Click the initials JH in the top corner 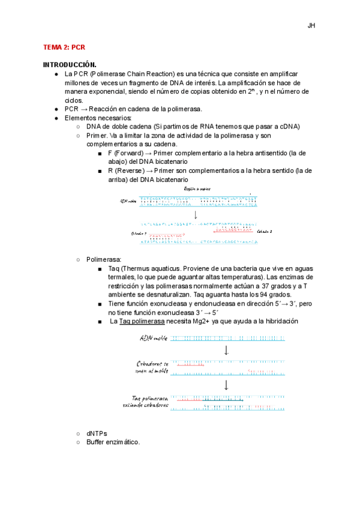point(311,26)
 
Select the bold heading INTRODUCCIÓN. point(70,64)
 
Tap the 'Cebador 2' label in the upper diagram point(265,231)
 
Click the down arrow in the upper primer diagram point(196,214)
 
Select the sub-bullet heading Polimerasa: point(104,259)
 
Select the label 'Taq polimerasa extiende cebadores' point(150,402)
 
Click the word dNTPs point(97,433)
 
